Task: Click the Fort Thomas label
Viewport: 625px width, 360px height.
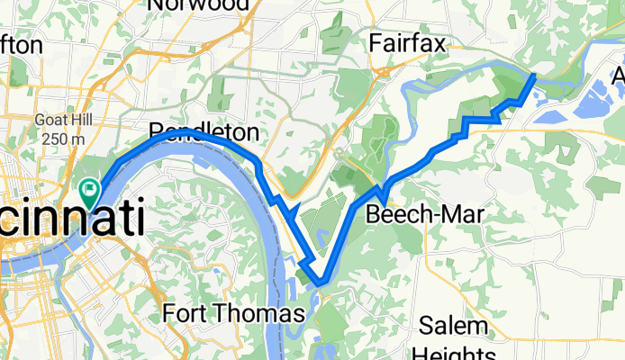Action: [234, 313]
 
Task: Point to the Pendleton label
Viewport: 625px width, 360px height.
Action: [204, 133]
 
